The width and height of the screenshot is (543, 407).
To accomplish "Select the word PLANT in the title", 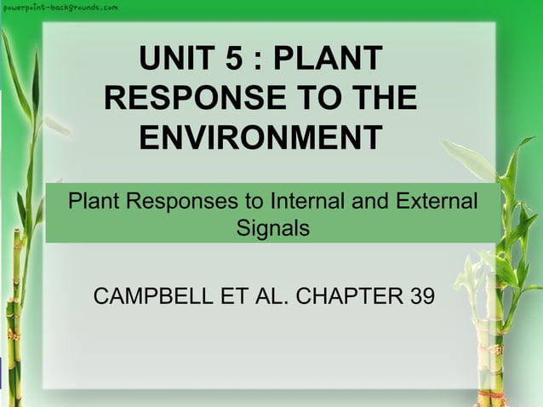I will (333, 60).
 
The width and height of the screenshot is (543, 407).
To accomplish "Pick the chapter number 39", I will (420, 297).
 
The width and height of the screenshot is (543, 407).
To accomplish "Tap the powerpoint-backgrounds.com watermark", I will (60, 7).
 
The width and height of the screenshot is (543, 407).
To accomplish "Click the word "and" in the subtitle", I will (374, 203).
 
